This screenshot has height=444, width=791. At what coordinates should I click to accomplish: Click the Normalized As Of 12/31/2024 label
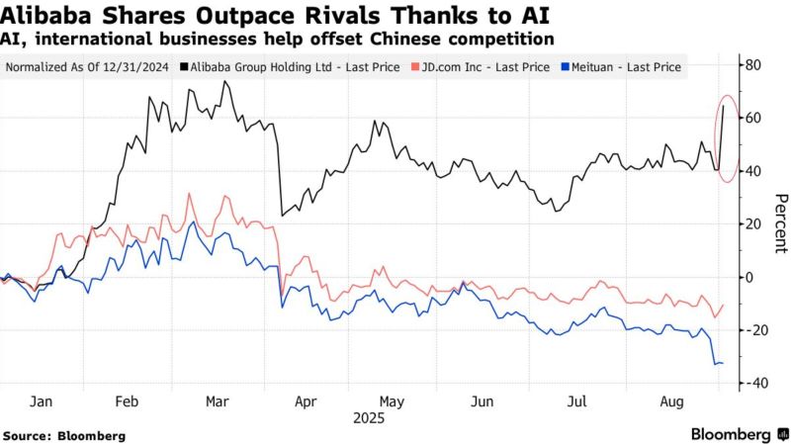click(x=88, y=68)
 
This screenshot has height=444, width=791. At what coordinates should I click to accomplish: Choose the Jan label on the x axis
click(x=42, y=402)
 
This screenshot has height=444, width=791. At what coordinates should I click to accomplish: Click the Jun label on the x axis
click(x=483, y=402)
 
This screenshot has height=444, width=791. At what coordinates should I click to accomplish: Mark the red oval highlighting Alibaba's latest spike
click(x=726, y=139)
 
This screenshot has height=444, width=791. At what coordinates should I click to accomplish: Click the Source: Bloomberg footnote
click(x=63, y=435)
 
